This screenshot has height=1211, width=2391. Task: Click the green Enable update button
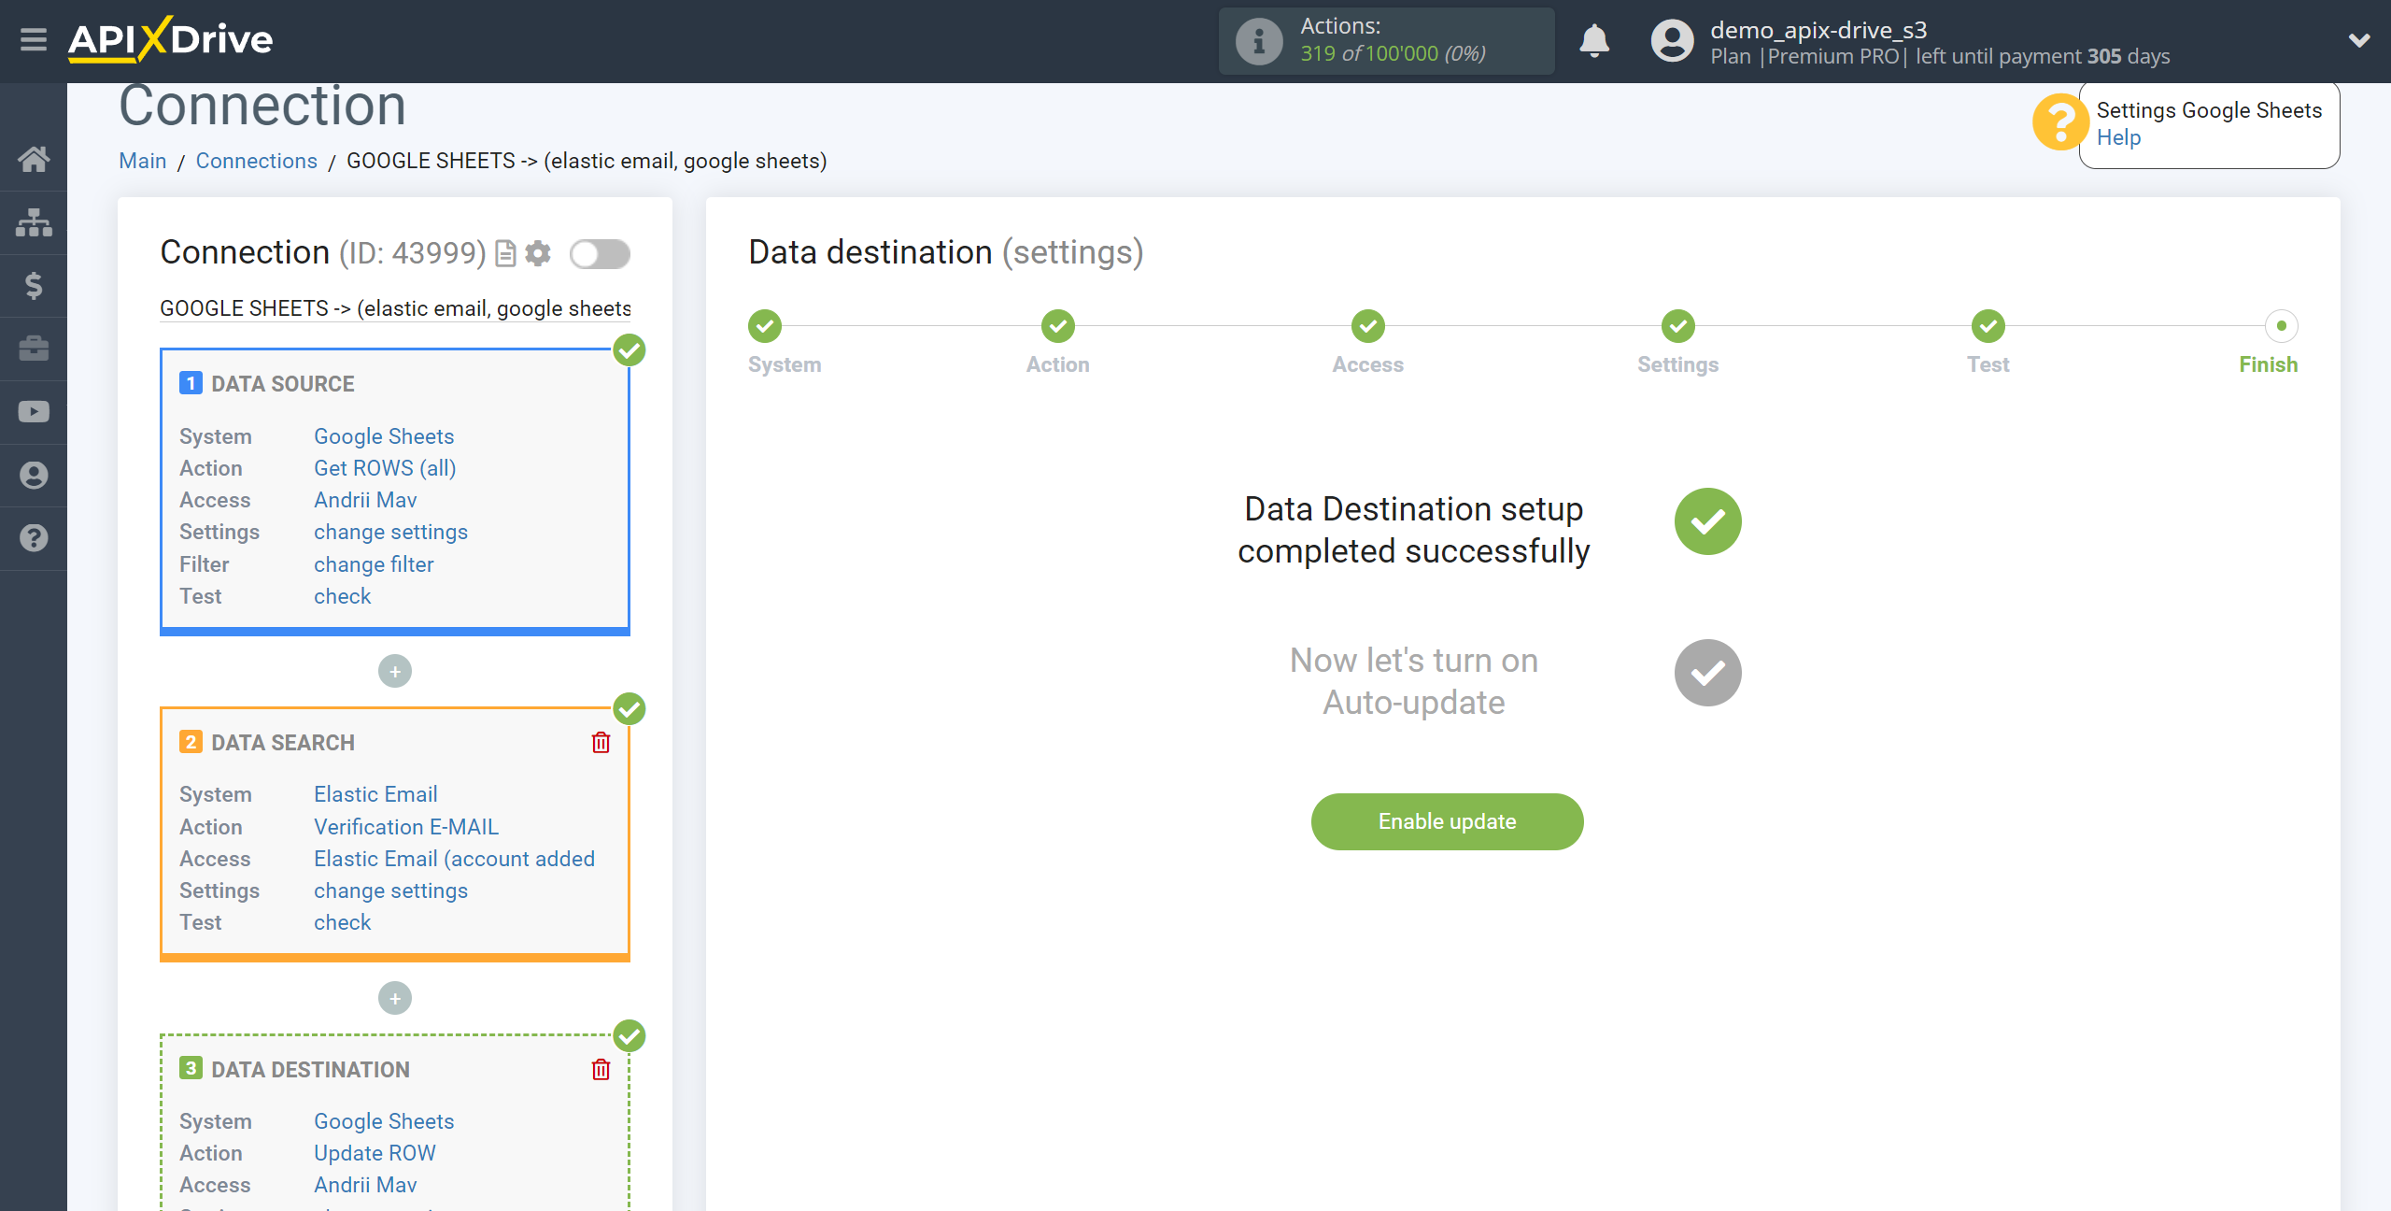(1447, 821)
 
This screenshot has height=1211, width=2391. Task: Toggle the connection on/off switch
(601, 253)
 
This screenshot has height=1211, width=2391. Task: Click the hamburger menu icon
(34, 39)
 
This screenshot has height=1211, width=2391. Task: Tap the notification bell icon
(1594, 41)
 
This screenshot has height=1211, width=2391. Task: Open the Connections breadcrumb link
(257, 161)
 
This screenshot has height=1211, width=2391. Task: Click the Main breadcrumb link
(143, 161)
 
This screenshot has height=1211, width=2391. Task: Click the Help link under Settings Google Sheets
(2118, 137)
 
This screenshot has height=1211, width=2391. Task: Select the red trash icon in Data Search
(601, 743)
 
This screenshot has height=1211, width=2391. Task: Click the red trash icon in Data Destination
(601, 1070)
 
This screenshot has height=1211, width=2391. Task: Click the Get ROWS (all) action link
(385, 468)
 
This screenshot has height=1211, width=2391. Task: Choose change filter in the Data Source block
(374, 564)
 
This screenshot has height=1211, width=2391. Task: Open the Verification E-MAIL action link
(406, 827)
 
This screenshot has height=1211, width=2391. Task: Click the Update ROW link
(375, 1153)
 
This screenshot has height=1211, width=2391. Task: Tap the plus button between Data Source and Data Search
(395, 671)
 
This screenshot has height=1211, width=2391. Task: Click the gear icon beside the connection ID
(538, 253)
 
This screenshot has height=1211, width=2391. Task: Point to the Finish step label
(2269, 364)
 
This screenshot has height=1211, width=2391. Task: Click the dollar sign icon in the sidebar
(34, 286)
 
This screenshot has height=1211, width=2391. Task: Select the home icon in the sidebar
(34, 159)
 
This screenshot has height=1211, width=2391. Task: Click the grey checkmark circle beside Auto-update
(1707, 673)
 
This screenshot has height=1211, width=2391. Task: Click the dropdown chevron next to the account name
(2359, 40)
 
